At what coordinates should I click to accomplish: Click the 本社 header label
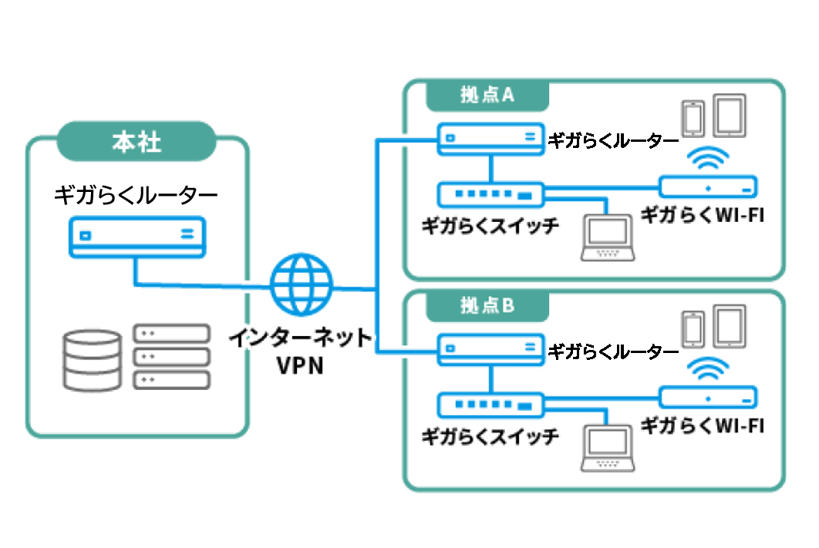tap(136, 143)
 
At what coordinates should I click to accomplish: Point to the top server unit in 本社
tap(172, 334)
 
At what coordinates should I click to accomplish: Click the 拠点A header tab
tap(487, 96)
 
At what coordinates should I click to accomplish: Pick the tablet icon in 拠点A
tap(729, 116)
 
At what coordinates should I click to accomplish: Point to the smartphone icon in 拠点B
tap(693, 328)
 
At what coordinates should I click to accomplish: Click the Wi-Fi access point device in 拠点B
tap(708, 396)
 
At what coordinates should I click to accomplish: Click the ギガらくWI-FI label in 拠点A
tap(703, 215)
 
